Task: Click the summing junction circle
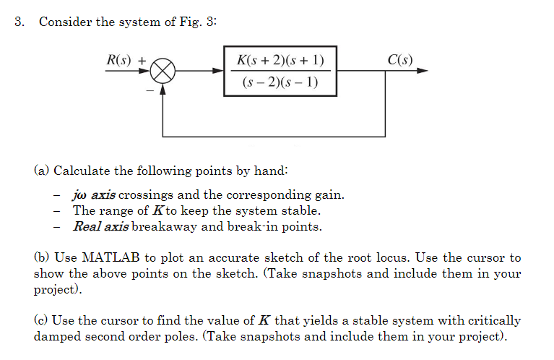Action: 164,72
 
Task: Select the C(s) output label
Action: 400,59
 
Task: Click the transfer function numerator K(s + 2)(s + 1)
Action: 280,60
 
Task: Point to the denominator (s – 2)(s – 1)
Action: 280,82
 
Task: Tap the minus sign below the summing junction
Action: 152,91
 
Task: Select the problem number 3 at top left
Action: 19,22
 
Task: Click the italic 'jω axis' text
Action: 94,195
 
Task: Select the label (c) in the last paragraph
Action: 41,320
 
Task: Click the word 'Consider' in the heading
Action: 66,22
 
